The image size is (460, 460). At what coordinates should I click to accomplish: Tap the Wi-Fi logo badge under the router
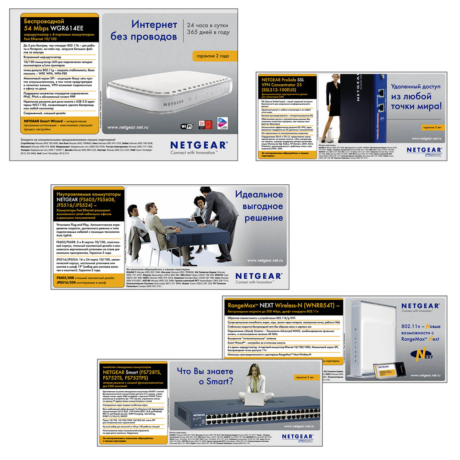(x=187, y=126)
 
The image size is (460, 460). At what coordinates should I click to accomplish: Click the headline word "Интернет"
(x=154, y=25)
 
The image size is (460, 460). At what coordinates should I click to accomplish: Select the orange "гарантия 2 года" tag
(x=213, y=56)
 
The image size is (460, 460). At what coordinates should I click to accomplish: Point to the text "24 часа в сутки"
(x=207, y=25)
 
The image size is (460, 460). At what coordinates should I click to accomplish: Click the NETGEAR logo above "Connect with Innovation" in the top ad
(x=199, y=145)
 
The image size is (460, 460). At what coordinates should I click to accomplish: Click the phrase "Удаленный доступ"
(x=416, y=87)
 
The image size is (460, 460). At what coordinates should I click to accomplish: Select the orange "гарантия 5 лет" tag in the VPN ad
(x=432, y=127)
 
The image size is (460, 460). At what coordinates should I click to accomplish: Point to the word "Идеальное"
(x=259, y=195)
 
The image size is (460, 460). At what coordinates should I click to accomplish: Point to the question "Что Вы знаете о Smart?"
(x=205, y=376)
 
